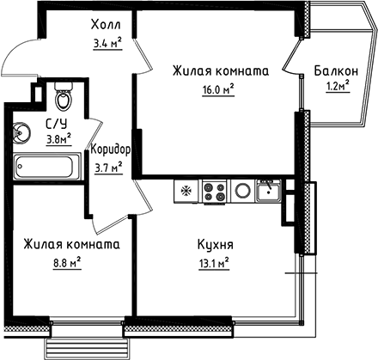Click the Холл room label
tap(107, 24)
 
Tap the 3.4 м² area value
tap(107, 40)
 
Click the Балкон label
tap(333, 70)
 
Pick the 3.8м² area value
tap(58, 136)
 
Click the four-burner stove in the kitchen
tap(214, 191)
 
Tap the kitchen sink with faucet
tap(269, 190)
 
